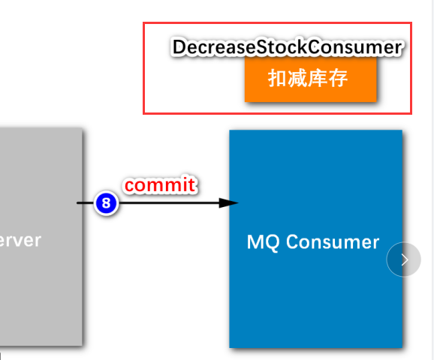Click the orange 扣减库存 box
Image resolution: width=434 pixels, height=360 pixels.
pos(309,78)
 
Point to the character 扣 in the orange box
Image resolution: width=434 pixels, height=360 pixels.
pos(277,78)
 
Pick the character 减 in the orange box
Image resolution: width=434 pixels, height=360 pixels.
pos(298,78)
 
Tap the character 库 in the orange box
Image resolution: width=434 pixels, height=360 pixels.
pos(319,78)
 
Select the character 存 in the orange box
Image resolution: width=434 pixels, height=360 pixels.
pos(339,78)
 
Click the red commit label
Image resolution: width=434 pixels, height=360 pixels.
pos(160,184)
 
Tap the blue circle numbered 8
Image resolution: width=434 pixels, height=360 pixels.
pos(106,202)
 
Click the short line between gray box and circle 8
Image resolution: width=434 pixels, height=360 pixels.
pos(87,202)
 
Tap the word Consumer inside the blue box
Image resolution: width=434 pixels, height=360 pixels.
pos(333,242)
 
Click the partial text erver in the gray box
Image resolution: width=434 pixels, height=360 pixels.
pos(20,241)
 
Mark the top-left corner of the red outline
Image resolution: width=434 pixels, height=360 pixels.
pos(144,23)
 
